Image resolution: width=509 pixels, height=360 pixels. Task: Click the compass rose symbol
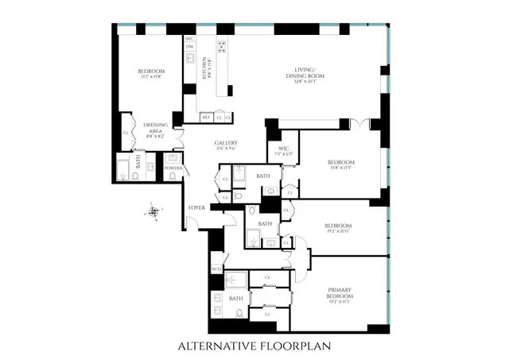[x=153, y=211]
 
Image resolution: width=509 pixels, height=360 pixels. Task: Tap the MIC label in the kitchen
[x=189, y=38]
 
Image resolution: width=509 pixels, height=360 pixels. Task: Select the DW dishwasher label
[x=189, y=47]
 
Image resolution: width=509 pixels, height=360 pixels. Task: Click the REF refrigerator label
[x=206, y=117]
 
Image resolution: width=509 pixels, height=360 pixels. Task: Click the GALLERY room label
[x=227, y=144]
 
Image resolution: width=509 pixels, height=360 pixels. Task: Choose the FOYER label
[x=196, y=207]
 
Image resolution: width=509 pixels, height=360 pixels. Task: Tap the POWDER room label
[x=173, y=168]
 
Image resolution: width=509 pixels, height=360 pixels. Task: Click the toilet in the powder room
[x=173, y=177]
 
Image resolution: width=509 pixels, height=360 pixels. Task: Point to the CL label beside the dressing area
[x=126, y=133]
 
